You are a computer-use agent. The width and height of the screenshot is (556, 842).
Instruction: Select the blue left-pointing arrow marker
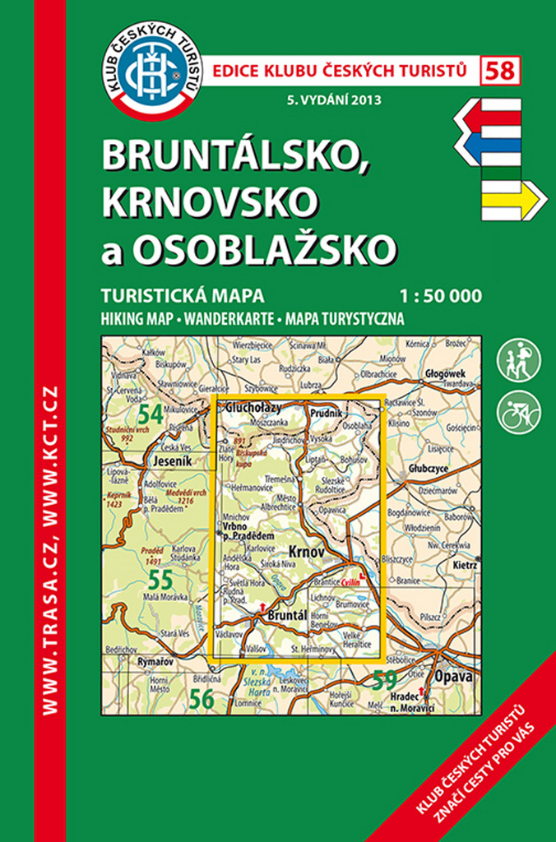(x=487, y=146)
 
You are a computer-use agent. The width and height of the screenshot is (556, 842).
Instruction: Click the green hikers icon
(x=519, y=360)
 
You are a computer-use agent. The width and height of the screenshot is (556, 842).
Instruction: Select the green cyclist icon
(x=519, y=411)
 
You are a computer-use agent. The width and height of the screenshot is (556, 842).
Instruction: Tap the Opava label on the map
(x=459, y=676)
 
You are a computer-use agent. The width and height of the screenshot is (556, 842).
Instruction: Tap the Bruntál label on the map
(x=287, y=613)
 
